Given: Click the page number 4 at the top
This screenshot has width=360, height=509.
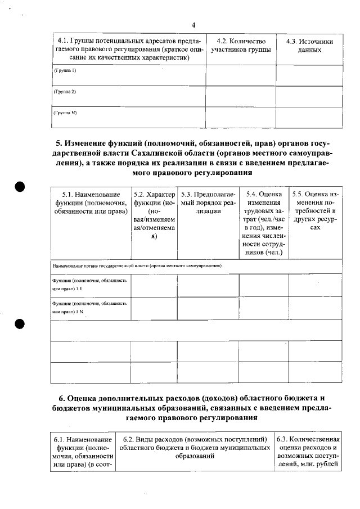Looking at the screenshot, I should click(x=193, y=25).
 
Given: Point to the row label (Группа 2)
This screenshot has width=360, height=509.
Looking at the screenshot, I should click(x=65, y=91).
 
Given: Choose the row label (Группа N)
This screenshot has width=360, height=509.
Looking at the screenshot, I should click(x=65, y=112).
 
